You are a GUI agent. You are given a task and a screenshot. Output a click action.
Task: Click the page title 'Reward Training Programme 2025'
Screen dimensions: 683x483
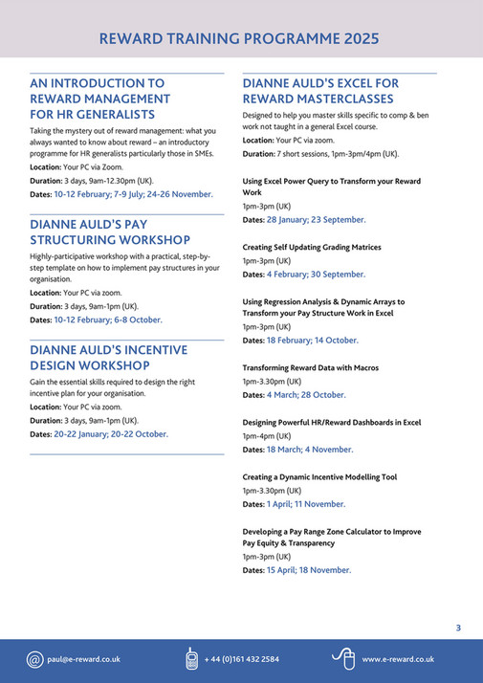239,39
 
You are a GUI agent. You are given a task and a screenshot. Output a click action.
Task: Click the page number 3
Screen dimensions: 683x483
458,628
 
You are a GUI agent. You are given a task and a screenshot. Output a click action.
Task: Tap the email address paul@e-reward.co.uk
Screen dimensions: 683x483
83,659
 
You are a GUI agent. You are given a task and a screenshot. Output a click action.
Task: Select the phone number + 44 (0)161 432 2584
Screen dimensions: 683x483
242,659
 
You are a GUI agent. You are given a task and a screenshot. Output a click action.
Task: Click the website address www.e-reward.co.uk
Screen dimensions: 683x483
398,659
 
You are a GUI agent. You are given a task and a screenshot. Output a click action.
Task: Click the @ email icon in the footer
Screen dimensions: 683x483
34,659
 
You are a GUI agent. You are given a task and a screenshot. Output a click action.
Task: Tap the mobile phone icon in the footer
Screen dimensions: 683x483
191,659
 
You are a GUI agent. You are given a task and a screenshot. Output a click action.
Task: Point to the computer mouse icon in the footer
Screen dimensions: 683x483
342,658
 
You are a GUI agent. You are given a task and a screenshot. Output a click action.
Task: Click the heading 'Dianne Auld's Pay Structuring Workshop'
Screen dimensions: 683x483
110,231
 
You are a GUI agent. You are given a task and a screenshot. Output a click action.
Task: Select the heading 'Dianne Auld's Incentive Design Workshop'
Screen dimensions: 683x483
108,358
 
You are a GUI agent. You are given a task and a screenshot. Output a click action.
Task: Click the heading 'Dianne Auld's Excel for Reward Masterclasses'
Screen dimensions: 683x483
320,91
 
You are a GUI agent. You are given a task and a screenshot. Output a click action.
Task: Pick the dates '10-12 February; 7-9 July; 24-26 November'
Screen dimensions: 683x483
134,193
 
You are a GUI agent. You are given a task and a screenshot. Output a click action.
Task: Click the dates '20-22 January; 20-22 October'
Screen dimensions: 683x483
111,433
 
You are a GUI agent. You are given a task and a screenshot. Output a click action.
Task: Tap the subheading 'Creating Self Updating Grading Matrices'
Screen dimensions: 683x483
312,247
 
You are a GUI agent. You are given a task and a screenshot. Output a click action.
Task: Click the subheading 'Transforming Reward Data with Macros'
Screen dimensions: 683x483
310,367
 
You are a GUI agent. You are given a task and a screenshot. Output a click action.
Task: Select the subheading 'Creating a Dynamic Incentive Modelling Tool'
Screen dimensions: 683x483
319,476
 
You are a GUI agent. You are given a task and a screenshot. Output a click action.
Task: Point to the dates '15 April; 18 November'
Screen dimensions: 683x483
309,570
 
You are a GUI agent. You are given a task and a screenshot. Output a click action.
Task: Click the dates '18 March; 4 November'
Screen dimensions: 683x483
309,449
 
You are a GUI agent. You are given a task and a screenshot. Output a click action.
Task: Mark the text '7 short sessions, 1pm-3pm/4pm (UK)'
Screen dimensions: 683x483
338,153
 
